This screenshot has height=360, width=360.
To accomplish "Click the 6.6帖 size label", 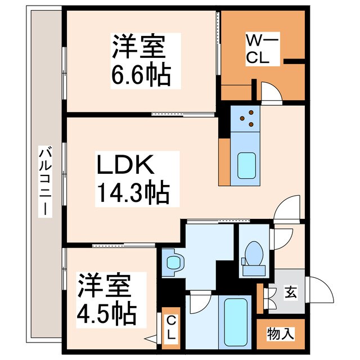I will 139,75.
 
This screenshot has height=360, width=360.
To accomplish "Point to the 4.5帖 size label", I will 106,309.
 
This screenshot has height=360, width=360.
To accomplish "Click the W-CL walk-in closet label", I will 258,49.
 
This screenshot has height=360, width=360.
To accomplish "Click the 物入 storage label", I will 280,333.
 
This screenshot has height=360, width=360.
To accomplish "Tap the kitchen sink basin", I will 246,165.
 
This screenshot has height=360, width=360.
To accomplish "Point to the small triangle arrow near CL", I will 151,339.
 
